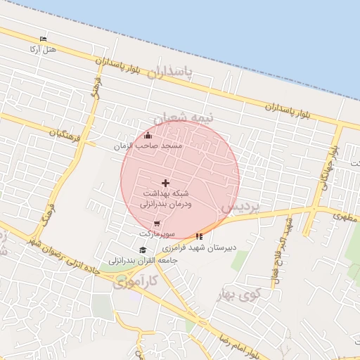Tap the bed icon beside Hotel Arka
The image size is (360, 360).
click(x=44, y=39)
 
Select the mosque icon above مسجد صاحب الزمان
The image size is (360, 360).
click(x=148, y=136)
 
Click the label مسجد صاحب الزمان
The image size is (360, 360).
click(x=148, y=145)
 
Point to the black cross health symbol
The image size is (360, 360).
click(x=166, y=183)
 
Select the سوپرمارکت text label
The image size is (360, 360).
click(x=155, y=233)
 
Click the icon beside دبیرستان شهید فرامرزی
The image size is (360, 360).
click(x=200, y=236)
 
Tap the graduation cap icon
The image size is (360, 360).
click(x=143, y=250)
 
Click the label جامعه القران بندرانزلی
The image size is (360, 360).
click(x=143, y=260)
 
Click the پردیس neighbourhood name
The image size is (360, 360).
click(x=240, y=207)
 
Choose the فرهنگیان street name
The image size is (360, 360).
click(x=65, y=131)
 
